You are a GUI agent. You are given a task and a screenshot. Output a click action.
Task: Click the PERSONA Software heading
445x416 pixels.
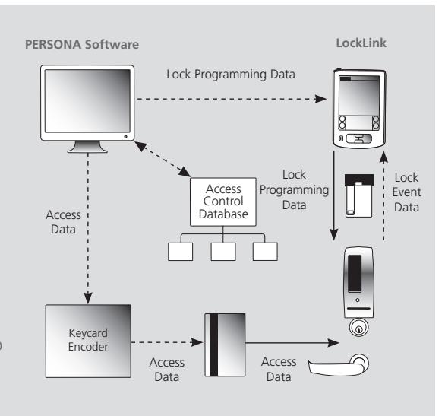tap(82, 45)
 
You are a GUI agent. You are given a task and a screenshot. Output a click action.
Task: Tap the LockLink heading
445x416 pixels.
tap(361, 43)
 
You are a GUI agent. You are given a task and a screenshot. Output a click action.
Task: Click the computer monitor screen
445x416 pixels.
tap(87, 101)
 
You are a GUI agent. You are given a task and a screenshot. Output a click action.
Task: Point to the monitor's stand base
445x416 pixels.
tap(87, 148)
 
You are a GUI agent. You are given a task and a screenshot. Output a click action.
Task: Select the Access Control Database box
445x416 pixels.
tap(223, 202)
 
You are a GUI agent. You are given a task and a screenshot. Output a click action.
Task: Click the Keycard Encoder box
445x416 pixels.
tap(88, 341)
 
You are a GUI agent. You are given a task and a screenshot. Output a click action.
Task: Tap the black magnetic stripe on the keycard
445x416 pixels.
tap(213, 345)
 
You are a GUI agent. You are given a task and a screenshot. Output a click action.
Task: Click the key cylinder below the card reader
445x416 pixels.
tap(358, 327)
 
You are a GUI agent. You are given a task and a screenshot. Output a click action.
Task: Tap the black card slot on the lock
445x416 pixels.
tap(355, 273)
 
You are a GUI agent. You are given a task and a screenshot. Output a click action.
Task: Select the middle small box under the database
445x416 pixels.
tap(223, 252)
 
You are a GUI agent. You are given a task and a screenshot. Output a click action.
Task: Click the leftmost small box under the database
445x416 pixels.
tap(181, 252)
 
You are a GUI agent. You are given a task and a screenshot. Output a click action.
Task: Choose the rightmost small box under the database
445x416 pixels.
tap(265, 252)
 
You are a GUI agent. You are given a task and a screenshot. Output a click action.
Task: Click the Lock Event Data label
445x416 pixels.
tap(406, 192)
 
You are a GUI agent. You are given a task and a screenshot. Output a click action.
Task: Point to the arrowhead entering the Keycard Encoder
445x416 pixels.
tap(88, 298)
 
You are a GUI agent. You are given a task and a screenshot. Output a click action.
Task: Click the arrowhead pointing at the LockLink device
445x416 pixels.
tap(320, 99)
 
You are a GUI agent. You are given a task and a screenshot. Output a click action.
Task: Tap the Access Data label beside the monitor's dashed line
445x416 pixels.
tap(63, 222)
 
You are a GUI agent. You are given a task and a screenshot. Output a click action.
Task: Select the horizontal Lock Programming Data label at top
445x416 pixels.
tap(231, 75)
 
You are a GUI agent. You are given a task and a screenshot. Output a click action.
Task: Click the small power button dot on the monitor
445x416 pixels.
tap(125, 137)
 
